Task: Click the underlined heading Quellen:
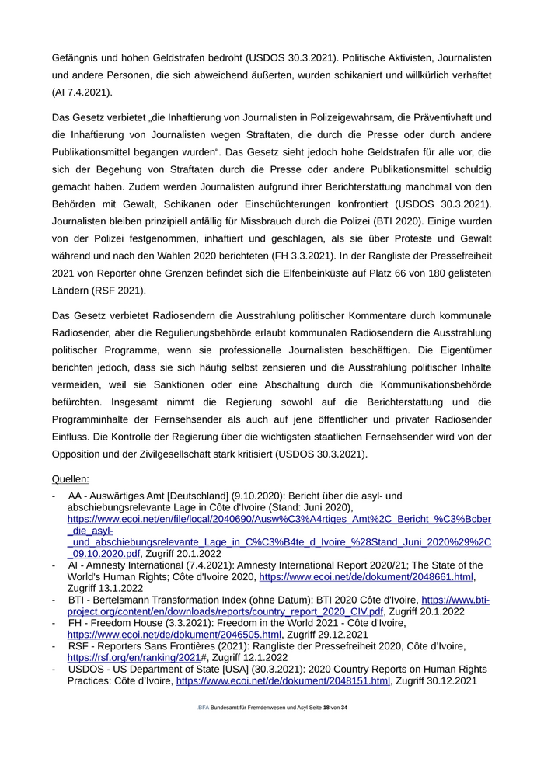(x=71, y=479)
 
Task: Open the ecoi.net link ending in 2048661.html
(x=366, y=578)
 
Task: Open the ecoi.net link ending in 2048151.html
(x=283, y=681)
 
